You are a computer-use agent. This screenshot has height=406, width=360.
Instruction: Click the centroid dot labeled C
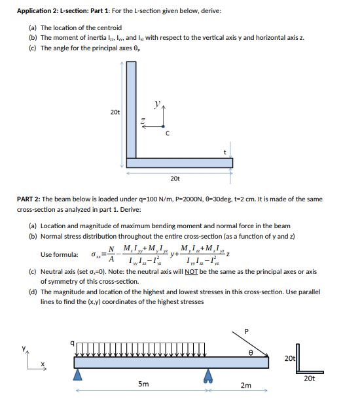click(163, 126)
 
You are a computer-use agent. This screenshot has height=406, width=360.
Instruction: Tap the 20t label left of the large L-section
click(115, 112)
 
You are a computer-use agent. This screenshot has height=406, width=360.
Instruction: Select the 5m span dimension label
click(143, 384)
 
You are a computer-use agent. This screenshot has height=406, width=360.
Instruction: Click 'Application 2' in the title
click(38, 11)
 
